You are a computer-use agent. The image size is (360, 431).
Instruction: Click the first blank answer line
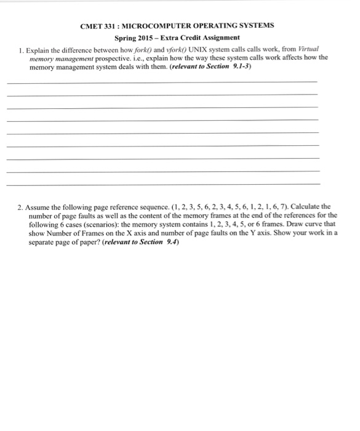point(162,81)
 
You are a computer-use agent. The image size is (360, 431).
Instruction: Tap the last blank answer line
point(162,183)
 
